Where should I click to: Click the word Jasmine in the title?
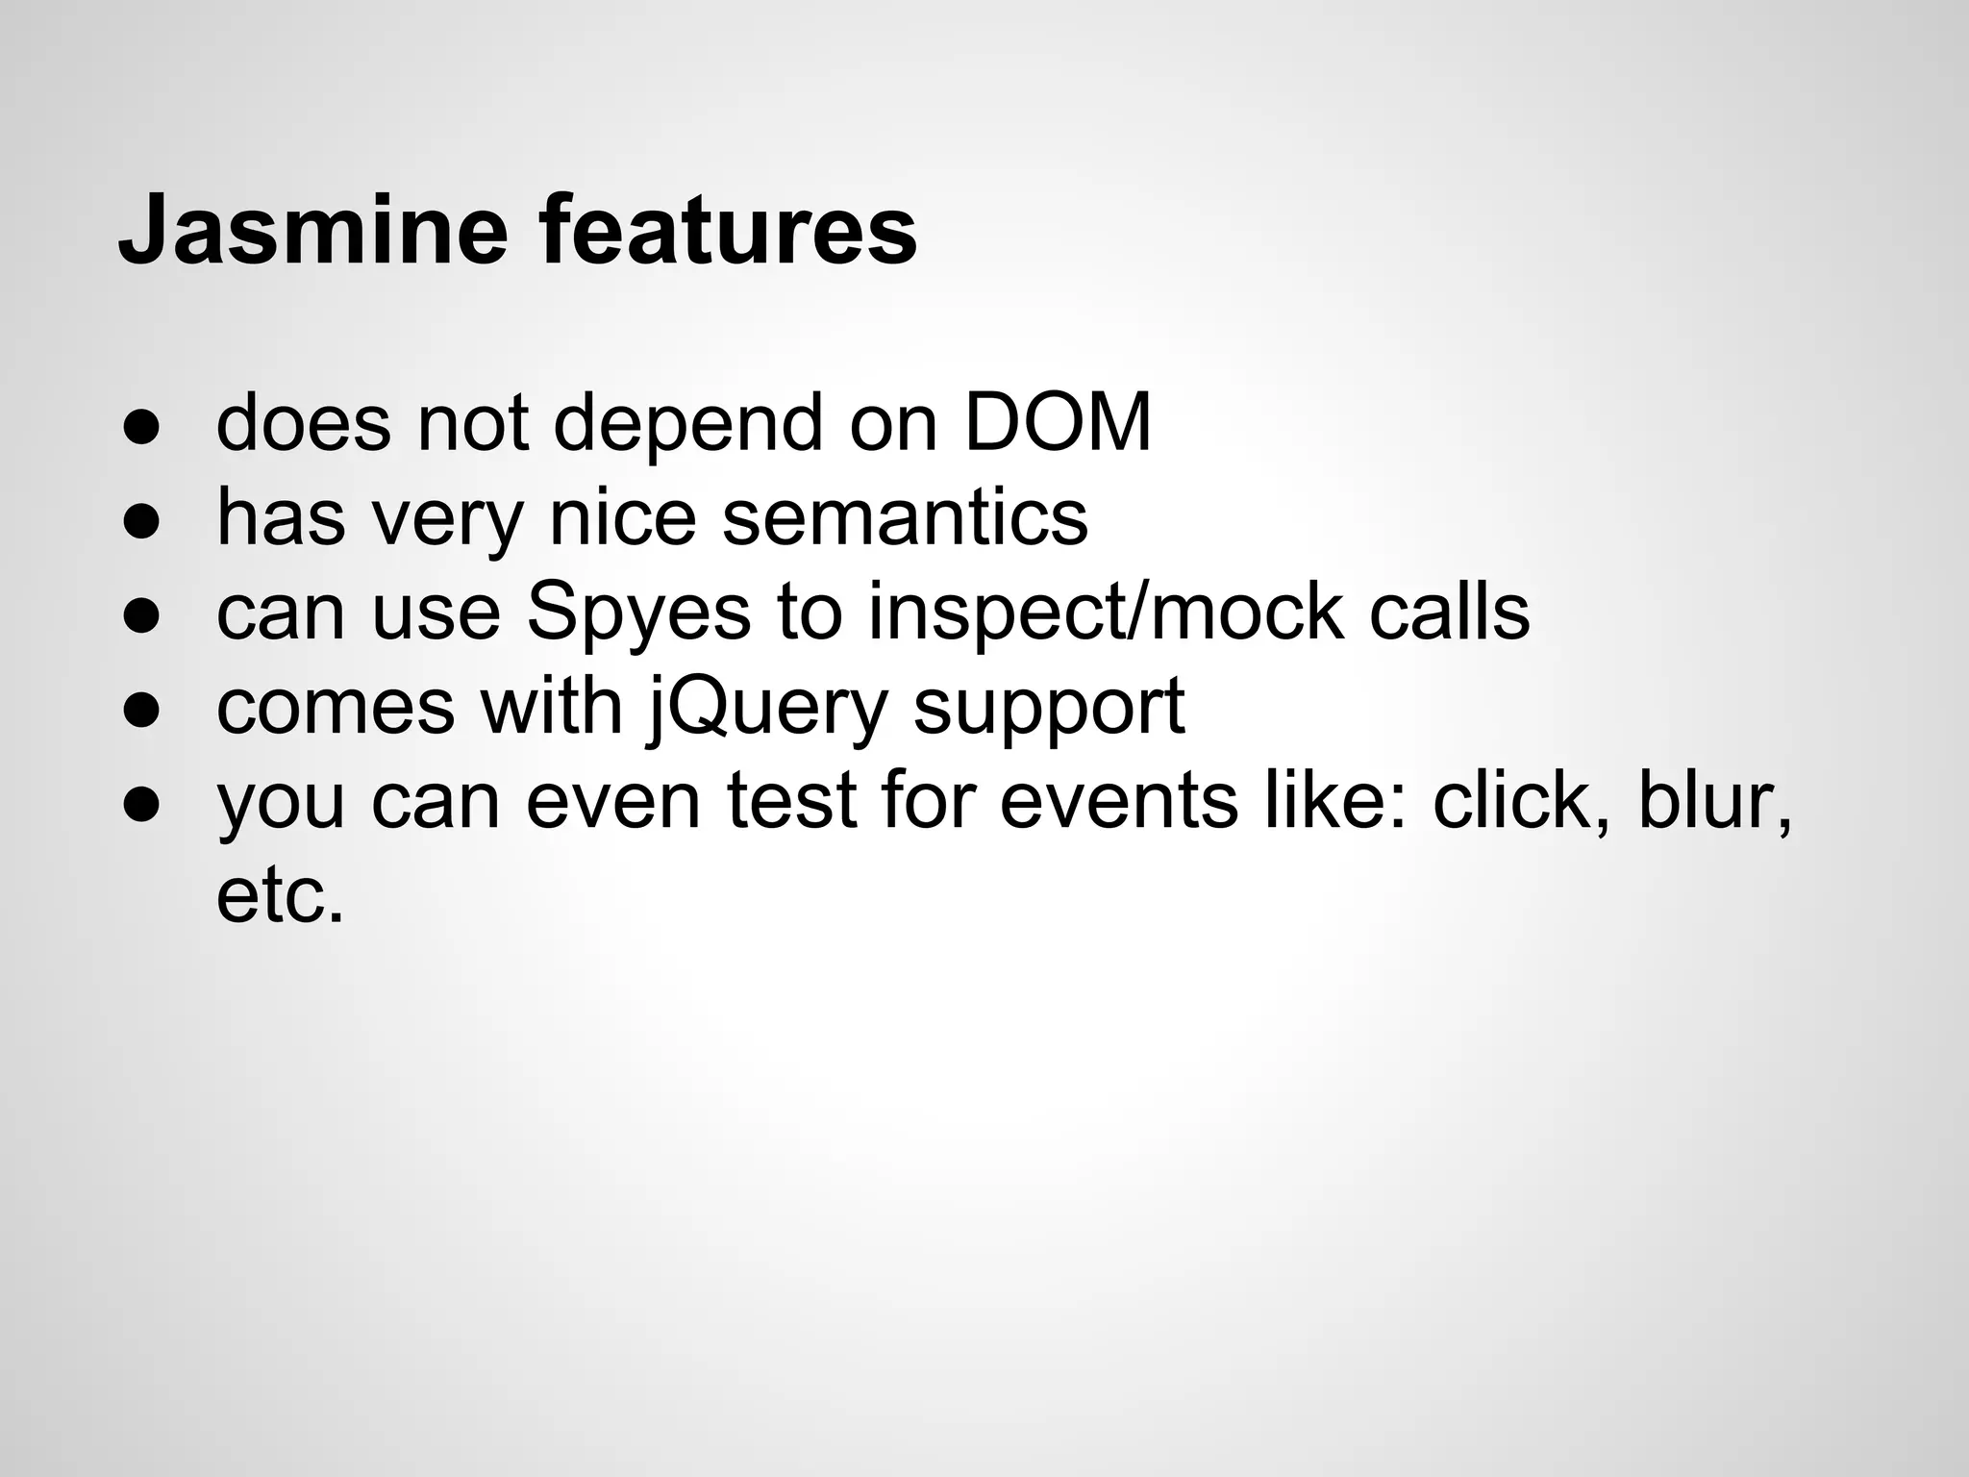point(312,232)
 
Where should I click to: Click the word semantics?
point(904,517)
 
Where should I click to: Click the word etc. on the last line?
point(280,897)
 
